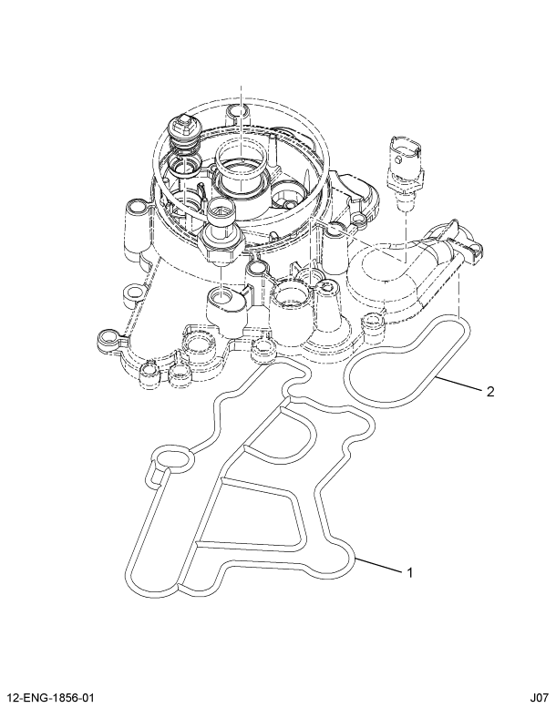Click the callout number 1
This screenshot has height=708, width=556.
(410, 573)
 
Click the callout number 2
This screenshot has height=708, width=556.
(489, 392)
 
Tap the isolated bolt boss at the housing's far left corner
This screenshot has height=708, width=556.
(108, 343)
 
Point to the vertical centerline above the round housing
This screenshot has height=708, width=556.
(241, 100)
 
